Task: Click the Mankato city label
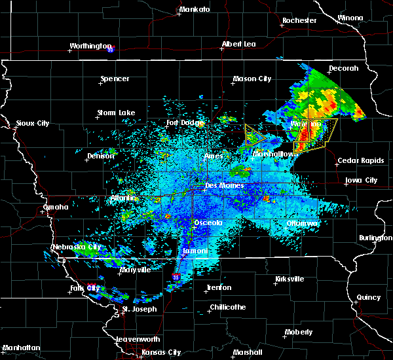point(195,9)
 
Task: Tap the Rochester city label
point(299,20)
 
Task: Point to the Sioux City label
point(33,123)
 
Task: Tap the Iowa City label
point(361,180)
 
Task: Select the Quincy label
point(368,297)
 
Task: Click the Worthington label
point(90,46)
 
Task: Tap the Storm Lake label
point(116,113)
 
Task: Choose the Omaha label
point(56,207)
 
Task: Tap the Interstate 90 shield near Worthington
point(111,49)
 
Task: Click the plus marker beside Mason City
point(233,83)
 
